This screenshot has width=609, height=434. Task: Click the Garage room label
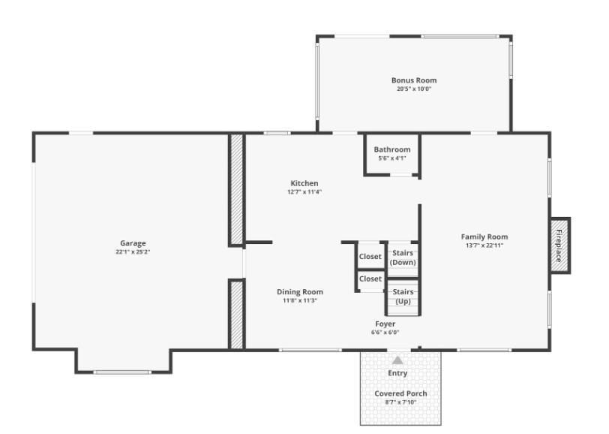133,243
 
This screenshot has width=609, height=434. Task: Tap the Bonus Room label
414,80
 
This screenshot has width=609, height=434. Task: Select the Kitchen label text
304,183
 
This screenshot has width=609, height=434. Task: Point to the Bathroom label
392,149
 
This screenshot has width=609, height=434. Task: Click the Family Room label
484,237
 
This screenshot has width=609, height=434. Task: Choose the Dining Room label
300,291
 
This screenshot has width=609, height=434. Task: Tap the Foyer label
385,324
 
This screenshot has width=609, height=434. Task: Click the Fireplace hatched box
559,246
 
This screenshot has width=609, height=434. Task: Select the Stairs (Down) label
403,258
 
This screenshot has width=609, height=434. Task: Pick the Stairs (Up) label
403,297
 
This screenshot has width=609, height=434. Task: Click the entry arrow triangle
397,360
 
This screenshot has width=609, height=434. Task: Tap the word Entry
397,373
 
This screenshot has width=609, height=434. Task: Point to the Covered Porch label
400,393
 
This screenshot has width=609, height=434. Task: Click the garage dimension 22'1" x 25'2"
133,252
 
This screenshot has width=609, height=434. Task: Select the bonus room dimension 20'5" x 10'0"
414,89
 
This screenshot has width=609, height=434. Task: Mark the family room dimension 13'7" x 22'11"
484,245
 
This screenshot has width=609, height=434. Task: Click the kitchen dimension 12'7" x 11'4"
304,191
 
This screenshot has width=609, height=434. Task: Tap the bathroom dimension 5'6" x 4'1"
392,158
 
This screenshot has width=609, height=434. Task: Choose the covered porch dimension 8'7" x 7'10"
400,402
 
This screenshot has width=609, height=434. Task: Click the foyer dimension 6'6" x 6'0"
385,332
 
